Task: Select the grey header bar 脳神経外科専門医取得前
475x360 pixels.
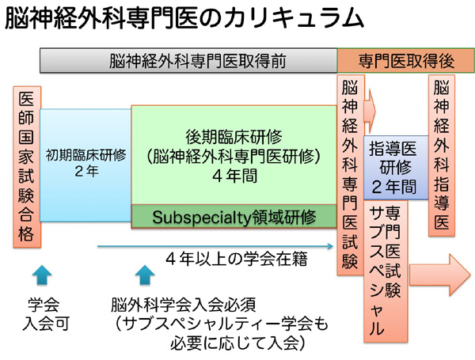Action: [188, 61]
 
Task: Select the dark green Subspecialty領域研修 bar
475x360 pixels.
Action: [234, 216]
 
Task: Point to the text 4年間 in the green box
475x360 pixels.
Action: [234, 177]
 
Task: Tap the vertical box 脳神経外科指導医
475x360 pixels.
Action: [442, 154]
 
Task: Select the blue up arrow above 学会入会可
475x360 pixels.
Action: [43, 277]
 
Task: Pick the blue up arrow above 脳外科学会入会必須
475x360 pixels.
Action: [144, 277]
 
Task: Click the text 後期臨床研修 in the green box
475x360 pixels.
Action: [234, 134]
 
